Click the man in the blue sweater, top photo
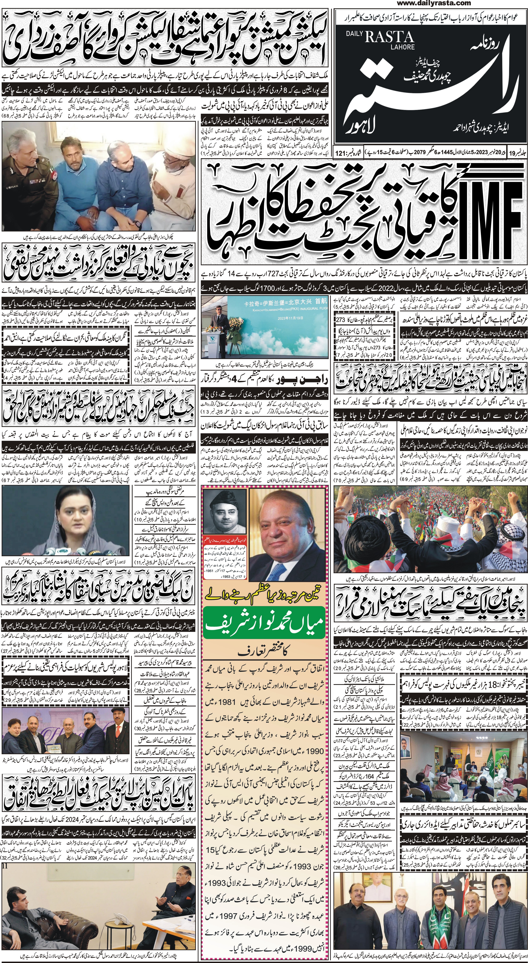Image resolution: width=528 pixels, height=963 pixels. [x=114, y=187]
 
